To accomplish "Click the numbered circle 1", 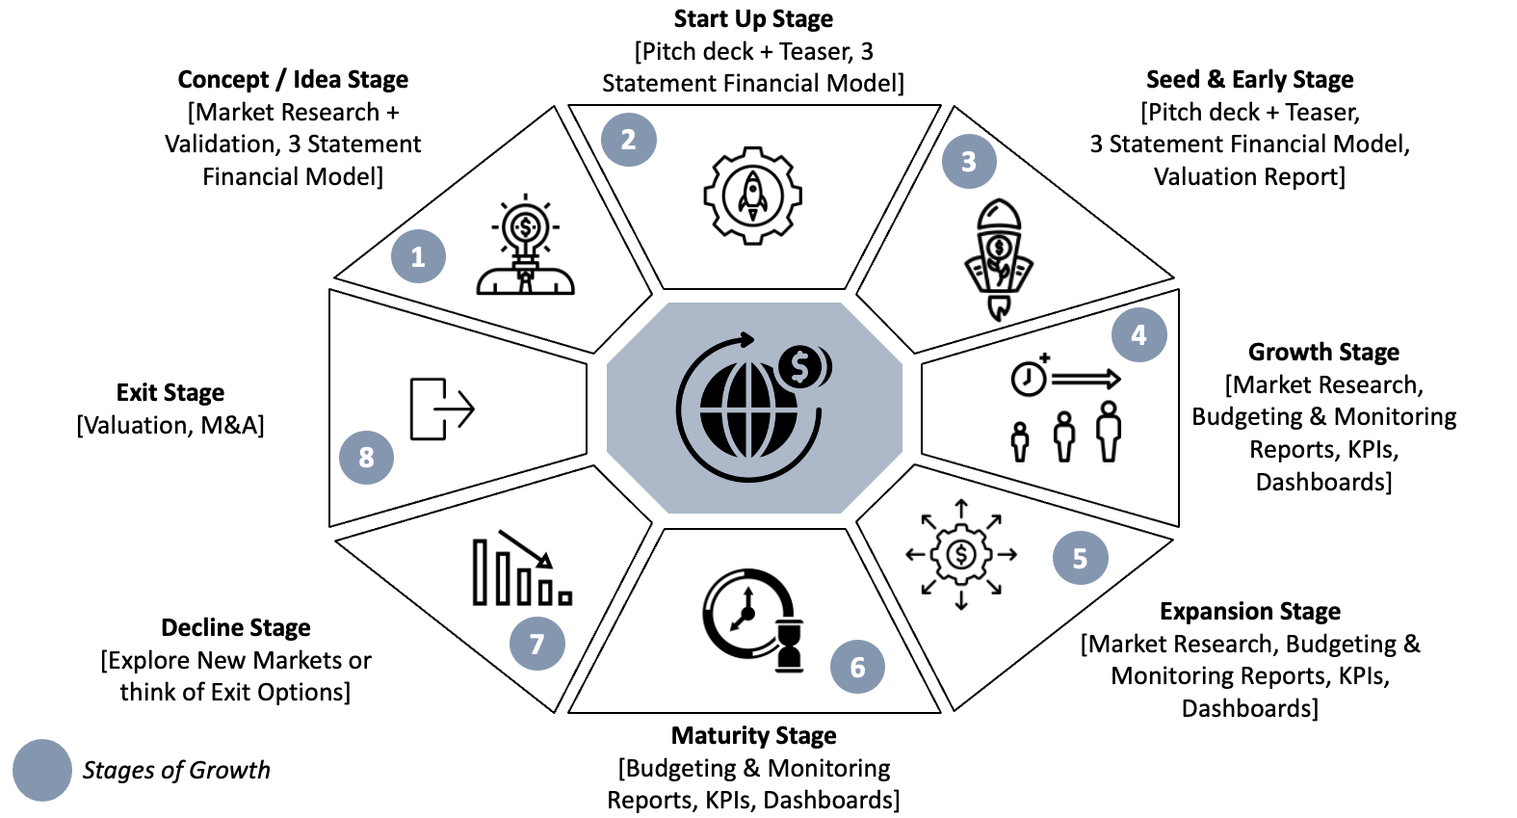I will point(418,256).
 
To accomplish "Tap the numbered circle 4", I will point(1138,334).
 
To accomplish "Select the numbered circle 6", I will point(857,666).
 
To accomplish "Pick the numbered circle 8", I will point(366,457).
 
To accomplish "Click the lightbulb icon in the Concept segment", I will point(525,245).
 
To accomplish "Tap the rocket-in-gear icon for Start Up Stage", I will point(752,196).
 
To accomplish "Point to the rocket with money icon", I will point(999,258).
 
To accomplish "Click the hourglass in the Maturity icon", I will point(790,644).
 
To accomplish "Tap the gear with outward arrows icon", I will point(961,554).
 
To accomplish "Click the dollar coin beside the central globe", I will point(801,366).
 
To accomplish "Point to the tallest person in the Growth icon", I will point(1109,431).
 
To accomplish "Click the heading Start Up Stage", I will point(753,19).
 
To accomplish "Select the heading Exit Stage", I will point(170,392).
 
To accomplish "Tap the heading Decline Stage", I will point(236,627).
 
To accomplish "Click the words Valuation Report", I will point(1248,176).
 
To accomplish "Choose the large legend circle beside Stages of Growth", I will point(42,770).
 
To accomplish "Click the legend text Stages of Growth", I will point(176,770).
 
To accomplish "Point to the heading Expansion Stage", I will point(1249,611).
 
